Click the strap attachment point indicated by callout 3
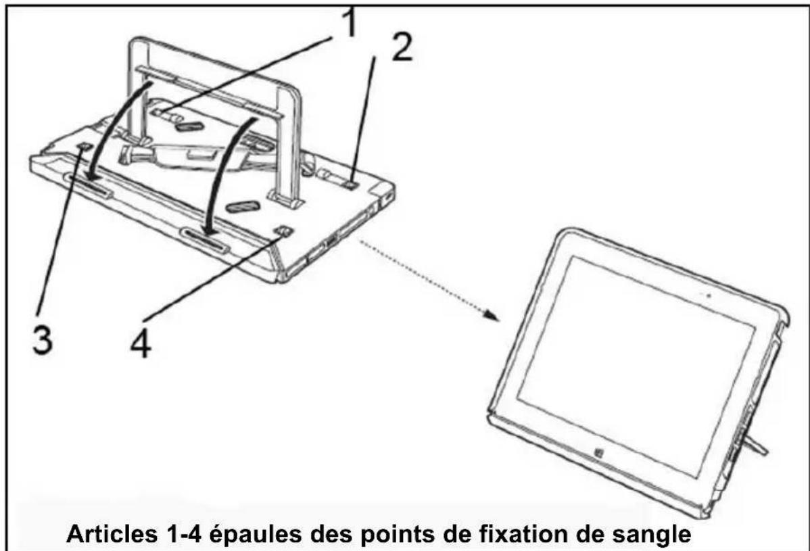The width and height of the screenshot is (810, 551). click(83, 147)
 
